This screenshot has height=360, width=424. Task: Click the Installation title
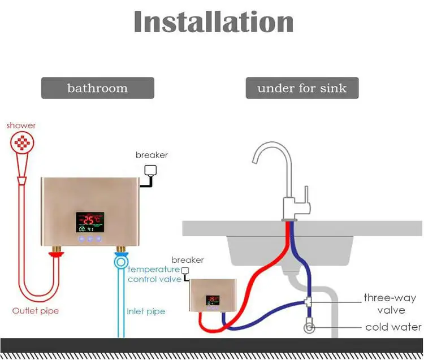tap(213, 23)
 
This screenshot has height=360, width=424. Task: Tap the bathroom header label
tap(97, 88)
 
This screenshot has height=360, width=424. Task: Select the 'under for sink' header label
tap(302, 88)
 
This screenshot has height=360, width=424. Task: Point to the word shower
tap(21, 125)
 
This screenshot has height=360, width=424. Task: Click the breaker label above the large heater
tap(152, 155)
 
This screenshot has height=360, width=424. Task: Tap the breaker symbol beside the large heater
tap(150, 173)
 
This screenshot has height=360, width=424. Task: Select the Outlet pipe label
tap(36, 311)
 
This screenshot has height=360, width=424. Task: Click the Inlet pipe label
tap(146, 311)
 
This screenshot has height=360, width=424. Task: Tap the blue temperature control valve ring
tap(120, 262)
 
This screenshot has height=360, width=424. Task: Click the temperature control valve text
tap(154, 274)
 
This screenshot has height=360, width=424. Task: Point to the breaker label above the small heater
tap(187, 260)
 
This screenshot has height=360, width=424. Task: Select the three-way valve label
tap(390, 303)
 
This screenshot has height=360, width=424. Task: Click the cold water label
tap(393, 327)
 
